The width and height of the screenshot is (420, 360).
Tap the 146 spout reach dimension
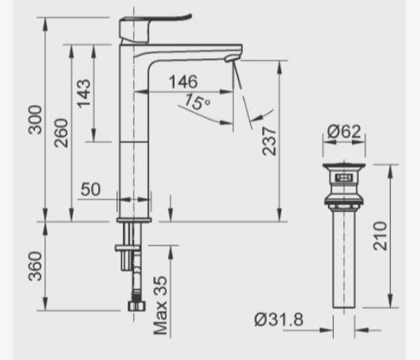pos(182,83)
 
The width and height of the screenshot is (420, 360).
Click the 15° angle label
pos(196,103)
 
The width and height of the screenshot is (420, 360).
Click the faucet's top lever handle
pos(154,22)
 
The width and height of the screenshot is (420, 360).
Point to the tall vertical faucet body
pos(133,129)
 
